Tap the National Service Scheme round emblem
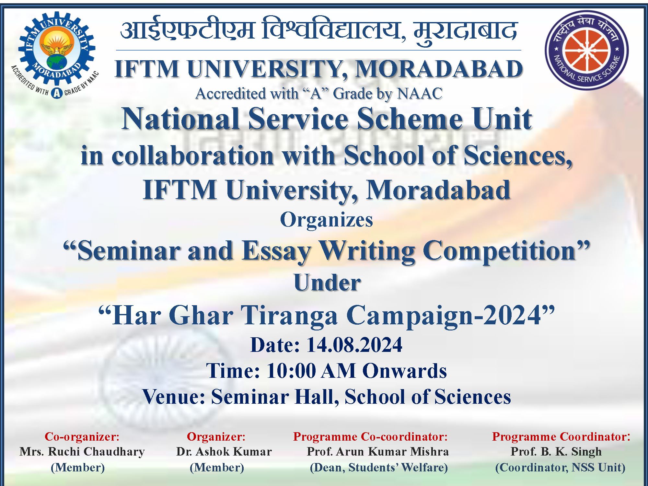587,50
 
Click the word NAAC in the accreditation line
420,94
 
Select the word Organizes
326,220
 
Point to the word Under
327,283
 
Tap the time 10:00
291,371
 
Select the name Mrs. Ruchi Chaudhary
82,452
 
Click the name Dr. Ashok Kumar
224,452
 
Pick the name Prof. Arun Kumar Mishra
378,452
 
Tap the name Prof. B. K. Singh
556,452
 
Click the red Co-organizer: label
82,436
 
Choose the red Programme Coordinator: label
561,436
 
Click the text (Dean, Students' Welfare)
379,468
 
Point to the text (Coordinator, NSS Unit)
560,468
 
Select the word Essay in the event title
277,251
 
